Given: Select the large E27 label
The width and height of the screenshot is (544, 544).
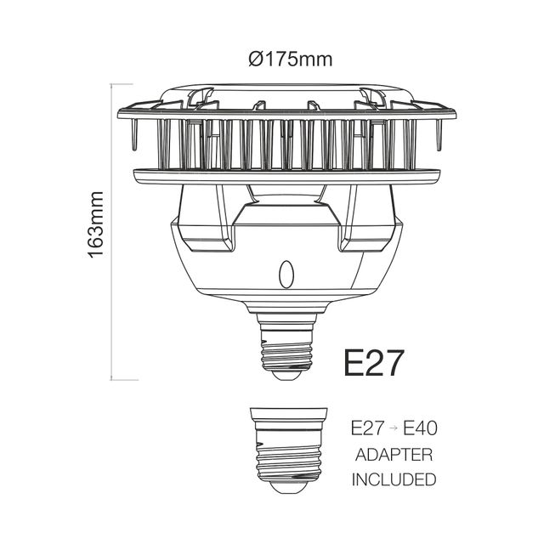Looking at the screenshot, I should tap(374, 362).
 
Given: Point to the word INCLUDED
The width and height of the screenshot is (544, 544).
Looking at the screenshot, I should tap(394, 479).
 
